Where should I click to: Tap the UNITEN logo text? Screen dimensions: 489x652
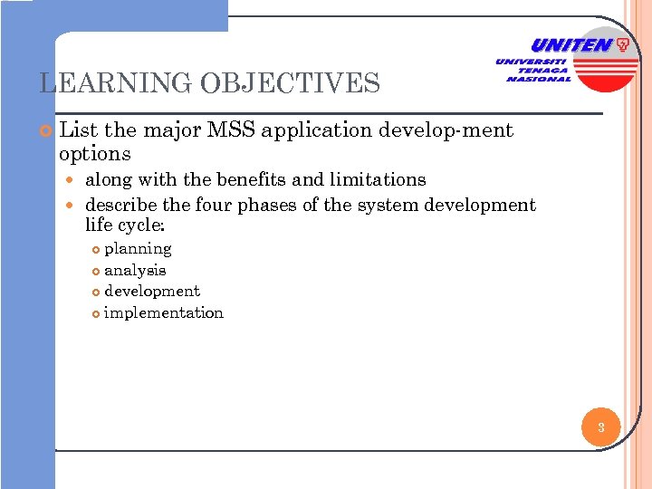point(570,45)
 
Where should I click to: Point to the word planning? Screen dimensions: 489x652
point(138,248)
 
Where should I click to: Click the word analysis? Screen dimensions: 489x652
point(135,270)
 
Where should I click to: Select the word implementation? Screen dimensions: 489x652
point(163,312)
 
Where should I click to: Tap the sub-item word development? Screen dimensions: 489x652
point(152,291)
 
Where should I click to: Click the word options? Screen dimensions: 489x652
point(94,154)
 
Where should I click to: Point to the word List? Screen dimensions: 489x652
point(77,130)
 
